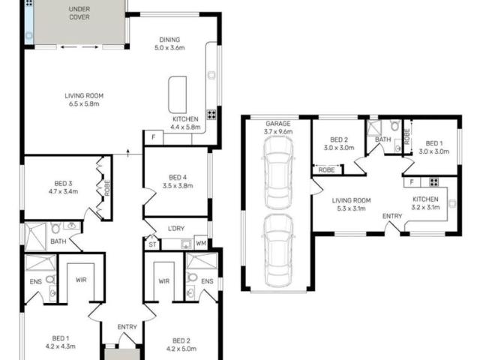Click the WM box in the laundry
pyautogui.click(x=200, y=243)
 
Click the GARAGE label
pyautogui.click(x=277, y=127)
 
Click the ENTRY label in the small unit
pyautogui.click(x=391, y=216)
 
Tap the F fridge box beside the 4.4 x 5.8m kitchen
pyautogui.click(x=153, y=137)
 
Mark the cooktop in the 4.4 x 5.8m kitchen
pyautogui.click(x=211, y=115)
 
